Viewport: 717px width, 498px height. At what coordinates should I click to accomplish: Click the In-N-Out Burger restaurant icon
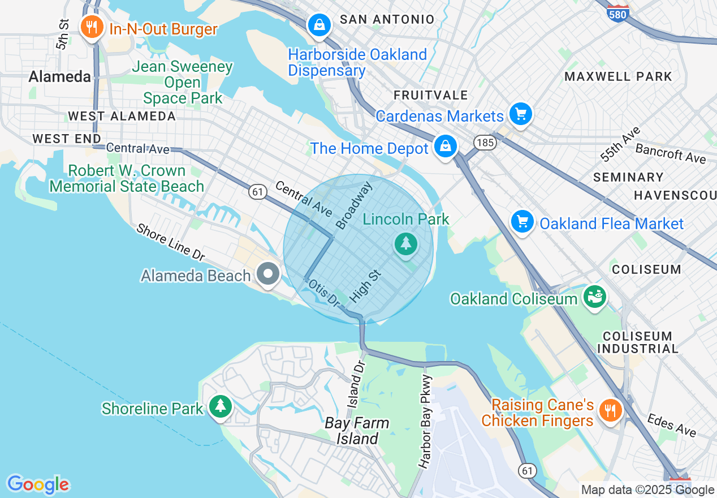[x=91, y=26]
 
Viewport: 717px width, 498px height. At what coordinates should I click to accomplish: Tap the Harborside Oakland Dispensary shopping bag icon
[x=319, y=25]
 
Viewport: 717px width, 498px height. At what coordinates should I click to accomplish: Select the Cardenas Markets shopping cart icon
[x=520, y=114]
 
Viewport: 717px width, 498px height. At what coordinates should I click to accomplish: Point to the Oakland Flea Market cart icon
[x=522, y=221]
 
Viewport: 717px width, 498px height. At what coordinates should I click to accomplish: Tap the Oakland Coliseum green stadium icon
[x=595, y=297]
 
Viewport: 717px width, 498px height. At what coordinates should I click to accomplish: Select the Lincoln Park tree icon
[x=405, y=243]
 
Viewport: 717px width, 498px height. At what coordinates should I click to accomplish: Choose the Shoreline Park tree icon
[x=220, y=406]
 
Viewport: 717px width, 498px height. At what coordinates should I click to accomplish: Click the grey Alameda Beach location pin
[x=268, y=274]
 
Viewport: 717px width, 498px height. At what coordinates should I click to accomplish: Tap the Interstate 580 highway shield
[x=618, y=12]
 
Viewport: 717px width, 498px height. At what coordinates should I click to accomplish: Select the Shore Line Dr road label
[x=170, y=242]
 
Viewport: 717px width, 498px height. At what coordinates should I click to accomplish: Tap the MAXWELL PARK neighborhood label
[x=618, y=76]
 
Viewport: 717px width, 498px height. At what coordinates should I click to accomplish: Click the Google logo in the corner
[x=38, y=484]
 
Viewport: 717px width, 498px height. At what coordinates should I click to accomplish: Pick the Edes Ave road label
[x=672, y=424]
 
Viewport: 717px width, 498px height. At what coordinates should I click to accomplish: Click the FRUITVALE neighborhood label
[x=431, y=95]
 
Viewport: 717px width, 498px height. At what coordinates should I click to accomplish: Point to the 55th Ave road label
[x=620, y=144]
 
